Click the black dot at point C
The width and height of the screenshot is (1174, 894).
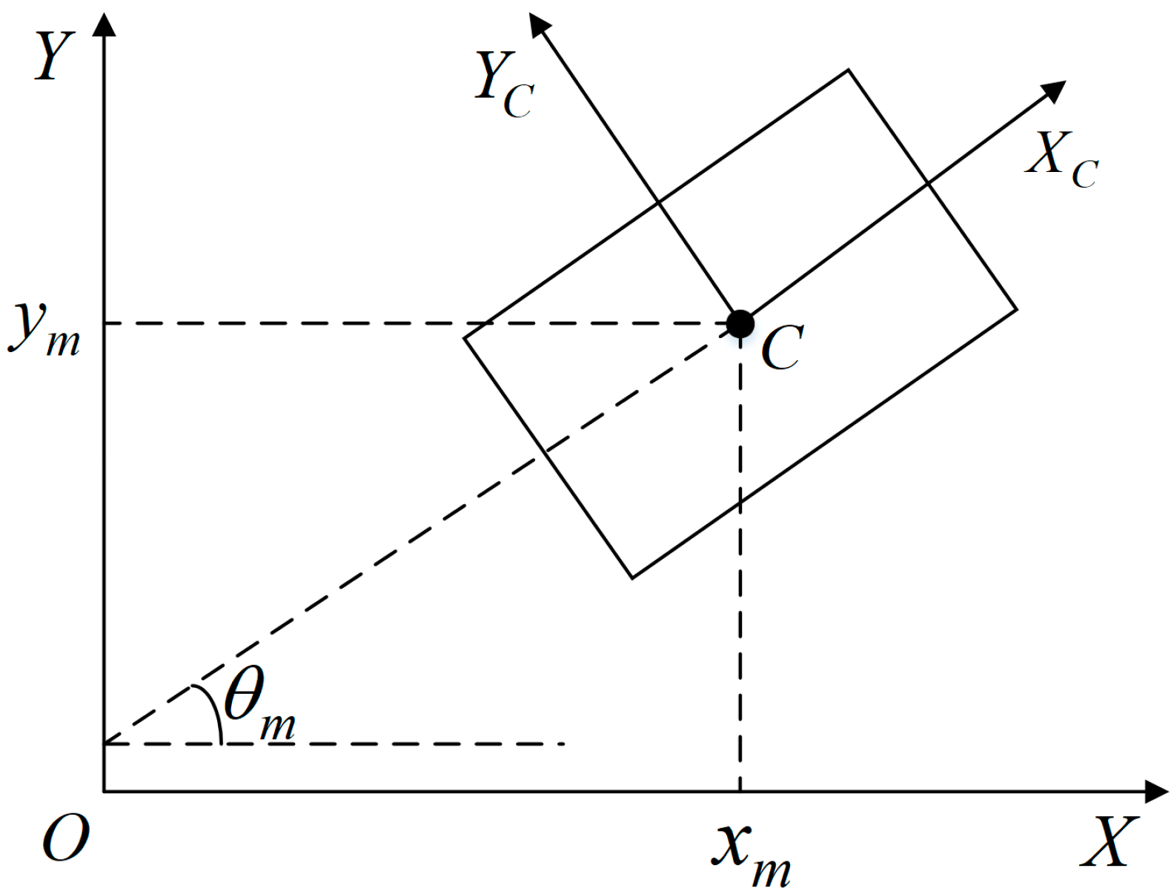point(740,324)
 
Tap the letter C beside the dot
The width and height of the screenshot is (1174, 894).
point(782,348)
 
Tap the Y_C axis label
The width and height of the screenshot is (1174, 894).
point(503,86)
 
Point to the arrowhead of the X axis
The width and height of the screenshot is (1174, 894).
point(1156,792)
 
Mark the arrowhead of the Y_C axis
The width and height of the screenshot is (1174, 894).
point(539,23)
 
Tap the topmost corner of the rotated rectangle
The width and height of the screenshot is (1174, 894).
point(848,70)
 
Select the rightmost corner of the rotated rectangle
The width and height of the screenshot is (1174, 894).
point(1016,308)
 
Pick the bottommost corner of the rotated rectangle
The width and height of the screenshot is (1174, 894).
point(632,577)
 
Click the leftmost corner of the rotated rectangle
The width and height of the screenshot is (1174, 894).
point(464,339)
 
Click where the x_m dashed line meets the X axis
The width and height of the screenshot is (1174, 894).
point(740,792)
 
